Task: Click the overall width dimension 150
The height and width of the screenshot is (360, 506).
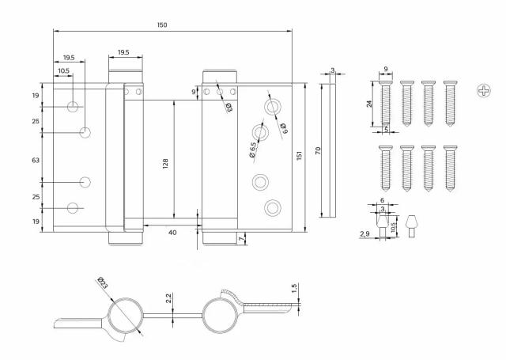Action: (x=162, y=25)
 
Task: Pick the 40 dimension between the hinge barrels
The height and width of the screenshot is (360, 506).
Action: (x=172, y=232)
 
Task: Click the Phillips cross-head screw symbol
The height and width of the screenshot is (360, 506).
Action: (x=484, y=92)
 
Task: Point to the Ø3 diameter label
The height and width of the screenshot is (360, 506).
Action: (x=228, y=108)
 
